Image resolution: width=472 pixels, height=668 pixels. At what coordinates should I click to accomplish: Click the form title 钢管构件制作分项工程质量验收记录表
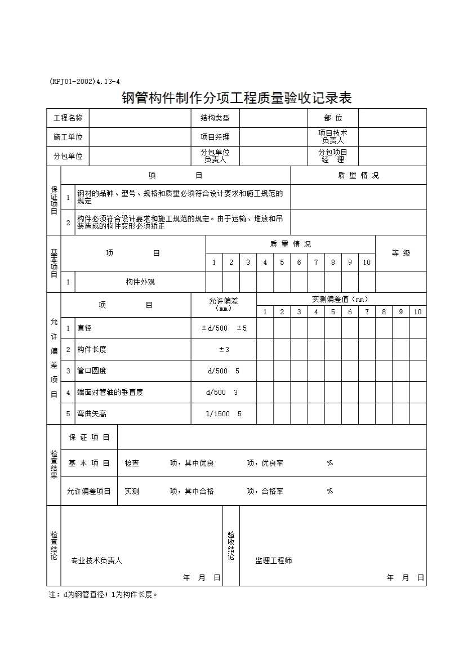coord(237,98)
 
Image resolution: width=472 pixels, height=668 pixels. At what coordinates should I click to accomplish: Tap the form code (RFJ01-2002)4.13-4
coord(84,82)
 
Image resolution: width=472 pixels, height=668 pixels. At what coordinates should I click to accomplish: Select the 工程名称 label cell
coord(68,118)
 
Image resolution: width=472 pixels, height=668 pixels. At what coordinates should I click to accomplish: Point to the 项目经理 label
coord(215,137)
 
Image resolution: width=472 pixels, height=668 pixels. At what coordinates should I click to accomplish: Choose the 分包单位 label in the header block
coord(68,156)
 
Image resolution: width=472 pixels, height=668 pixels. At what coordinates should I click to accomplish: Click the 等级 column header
coord(400,253)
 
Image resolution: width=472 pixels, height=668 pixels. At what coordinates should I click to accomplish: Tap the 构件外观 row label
coord(140,282)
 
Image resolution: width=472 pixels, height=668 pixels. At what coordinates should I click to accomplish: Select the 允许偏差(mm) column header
coord(224,304)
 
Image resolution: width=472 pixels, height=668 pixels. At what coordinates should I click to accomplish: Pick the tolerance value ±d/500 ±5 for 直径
coord(224,328)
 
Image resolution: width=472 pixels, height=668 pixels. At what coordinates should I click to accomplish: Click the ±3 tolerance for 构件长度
coord(224,349)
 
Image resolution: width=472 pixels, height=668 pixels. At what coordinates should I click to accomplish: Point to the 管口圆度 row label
coord(92,371)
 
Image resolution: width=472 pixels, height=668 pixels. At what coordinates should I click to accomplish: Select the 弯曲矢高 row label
coord(92,413)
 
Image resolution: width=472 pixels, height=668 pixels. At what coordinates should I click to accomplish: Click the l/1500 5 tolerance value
coord(224,413)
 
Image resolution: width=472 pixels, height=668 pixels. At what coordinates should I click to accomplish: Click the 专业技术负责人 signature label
coord(96,560)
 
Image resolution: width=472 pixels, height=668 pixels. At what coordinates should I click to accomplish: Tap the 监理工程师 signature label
coord(273,560)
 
